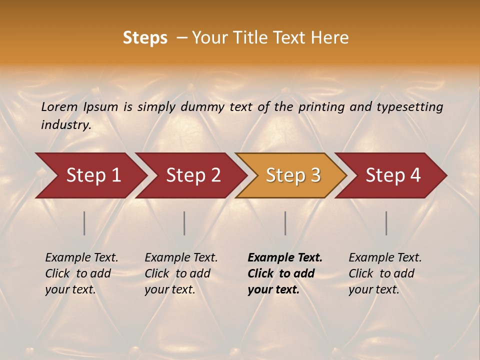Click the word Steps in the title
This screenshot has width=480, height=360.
[x=145, y=38]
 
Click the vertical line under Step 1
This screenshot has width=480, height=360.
[x=84, y=223]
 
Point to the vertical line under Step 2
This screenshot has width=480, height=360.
[x=184, y=223]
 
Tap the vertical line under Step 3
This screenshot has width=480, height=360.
[x=285, y=223]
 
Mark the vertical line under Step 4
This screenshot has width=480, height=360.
[x=386, y=223]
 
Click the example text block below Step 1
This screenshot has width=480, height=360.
[x=81, y=273]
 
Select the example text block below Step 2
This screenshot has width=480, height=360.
[x=180, y=273]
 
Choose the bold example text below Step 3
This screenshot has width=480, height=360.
[x=284, y=273]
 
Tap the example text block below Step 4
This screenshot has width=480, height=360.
[x=384, y=273]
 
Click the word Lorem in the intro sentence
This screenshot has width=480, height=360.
[x=59, y=106]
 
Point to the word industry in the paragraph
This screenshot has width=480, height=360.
[x=66, y=125]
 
